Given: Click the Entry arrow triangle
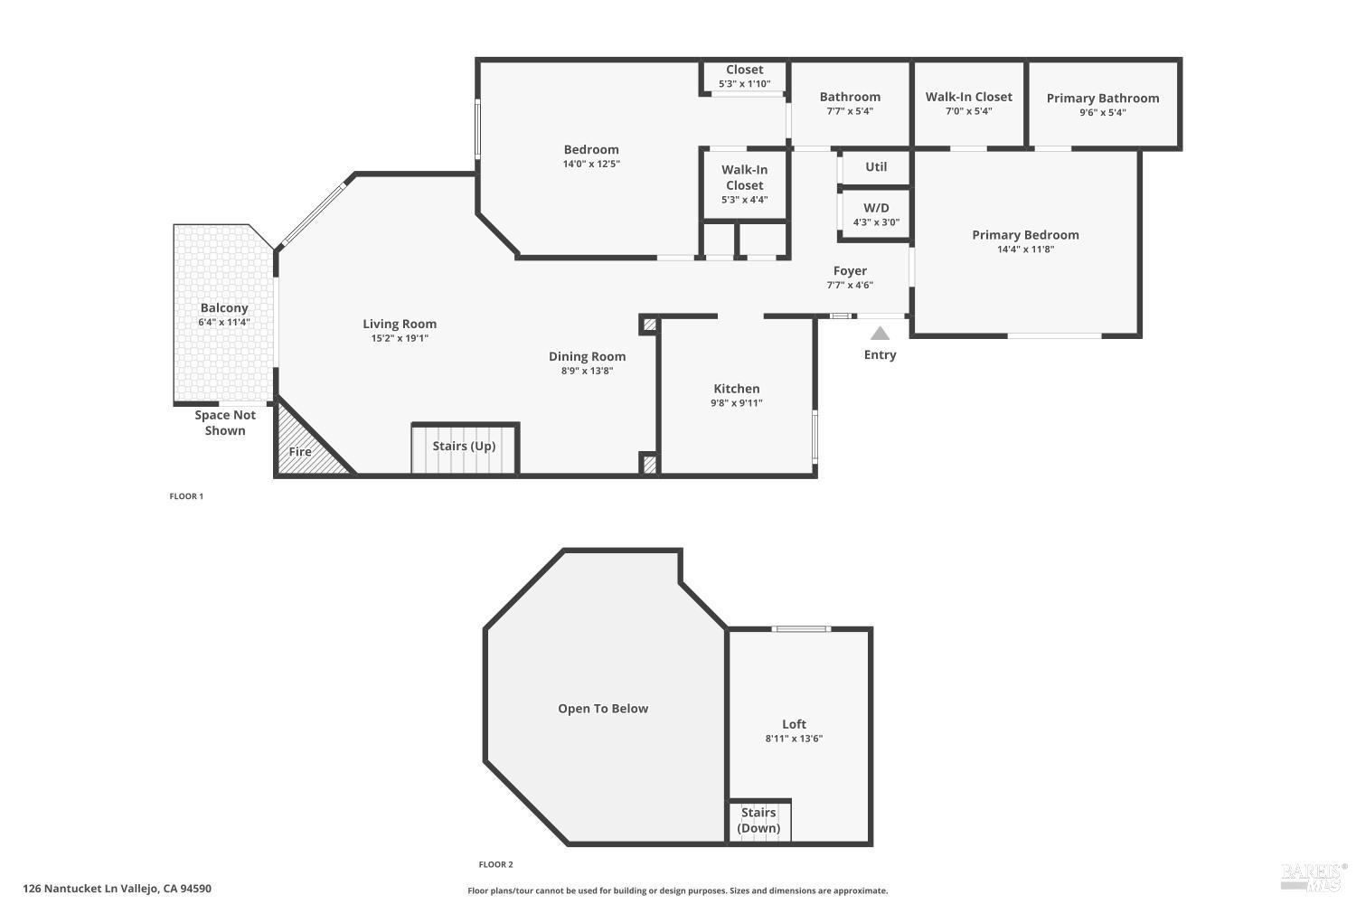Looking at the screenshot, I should pyautogui.click(x=880, y=334).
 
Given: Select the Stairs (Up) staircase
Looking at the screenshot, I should pyautogui.click(x=464, y=447).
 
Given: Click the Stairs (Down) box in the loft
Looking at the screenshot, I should pyautogui.click(x=759, y=821).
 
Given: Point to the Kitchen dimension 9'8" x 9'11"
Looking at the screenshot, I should pyautogui.click(x=736, y=403).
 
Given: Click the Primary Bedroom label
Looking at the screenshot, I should pyautogui.click(x=1025, y=235).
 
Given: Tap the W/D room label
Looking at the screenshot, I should pyautogui.click(x=875, y=208).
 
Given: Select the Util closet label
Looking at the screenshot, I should pyautogui.click(x=875, y=167).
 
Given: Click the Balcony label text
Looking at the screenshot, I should pyautogui.click(x=224, y=308).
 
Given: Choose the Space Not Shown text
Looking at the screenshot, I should pyautogui.click(x=225, y=423).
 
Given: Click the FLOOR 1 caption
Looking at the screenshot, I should pyautogui.click(x=186, y=496).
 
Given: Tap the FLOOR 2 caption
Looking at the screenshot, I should pyautogui.click(x=495, y=864).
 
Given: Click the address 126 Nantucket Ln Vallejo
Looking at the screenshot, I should pyautogui.click(x=117, y=889).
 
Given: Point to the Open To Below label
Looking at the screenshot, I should pyautogui.click(x=603, y=709).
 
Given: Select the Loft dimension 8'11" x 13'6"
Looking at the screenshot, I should pyautogui.click(x=794, y=739).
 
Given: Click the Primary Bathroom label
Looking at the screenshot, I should pyautogui.click(x=1102, y=99).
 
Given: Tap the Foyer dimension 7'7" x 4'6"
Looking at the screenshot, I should pyautogui.click(x=850, y=286).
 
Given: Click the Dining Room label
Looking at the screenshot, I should pyautogui.click(x=587, y=356).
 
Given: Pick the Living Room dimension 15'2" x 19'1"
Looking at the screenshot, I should pyautogui.click(x=400, y=338).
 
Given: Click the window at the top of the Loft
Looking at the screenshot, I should pyautogui.click(x=801, y=629).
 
